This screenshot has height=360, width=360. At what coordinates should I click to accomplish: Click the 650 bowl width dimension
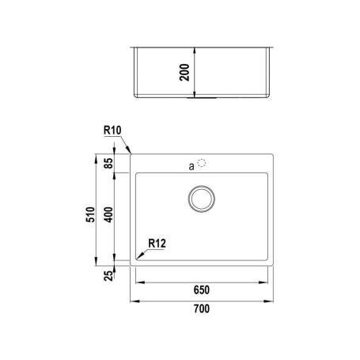[x=203, y=290]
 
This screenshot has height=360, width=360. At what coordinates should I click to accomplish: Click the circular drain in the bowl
[x=203, y=199]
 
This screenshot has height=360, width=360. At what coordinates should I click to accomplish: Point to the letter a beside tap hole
[x=191, y=166]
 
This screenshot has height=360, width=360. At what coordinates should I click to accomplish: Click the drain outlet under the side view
[x=202, y=98]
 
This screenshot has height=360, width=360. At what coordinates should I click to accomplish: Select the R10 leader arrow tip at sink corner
[x=131, y=153]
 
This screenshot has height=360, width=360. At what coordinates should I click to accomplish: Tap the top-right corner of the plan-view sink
[x=275, y=153]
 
